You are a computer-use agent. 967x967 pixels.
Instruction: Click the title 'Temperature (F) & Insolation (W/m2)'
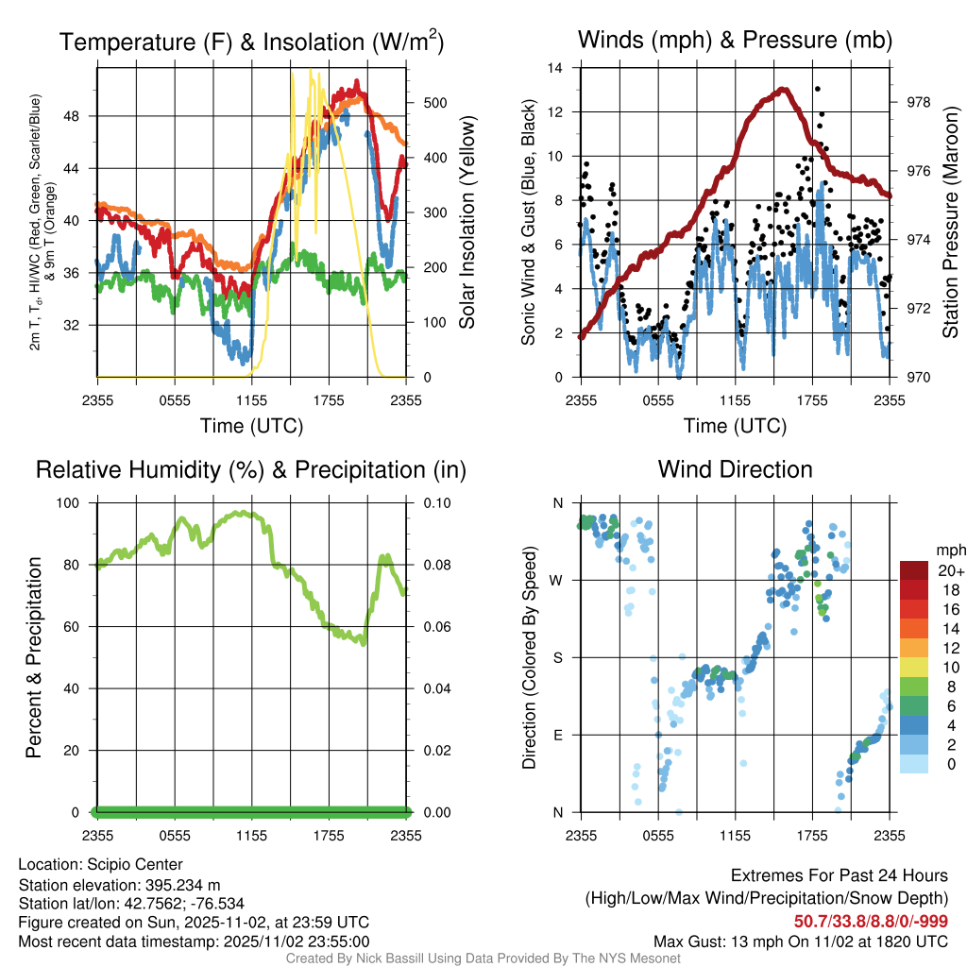(251, 42)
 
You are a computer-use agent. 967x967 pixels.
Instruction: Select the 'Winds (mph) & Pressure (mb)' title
(735, 40)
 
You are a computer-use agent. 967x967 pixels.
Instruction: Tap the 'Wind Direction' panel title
(735, 469)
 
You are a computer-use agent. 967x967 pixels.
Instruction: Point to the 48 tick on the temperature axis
(82, 116)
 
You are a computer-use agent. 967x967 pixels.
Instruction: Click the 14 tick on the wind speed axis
(556, 68)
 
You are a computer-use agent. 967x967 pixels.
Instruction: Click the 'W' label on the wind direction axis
(557, 581)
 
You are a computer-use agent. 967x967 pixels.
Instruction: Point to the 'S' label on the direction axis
(558, 657)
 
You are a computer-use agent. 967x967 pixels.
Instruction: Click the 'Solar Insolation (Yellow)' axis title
(466, 223)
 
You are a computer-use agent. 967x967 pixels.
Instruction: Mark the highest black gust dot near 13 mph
(817, 89)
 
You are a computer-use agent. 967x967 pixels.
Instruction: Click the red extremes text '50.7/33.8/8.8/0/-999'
(871, 922)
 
